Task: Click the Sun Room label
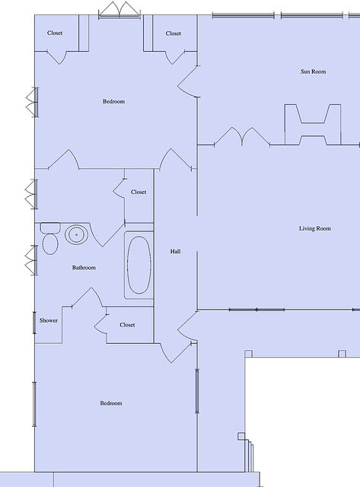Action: coord(313,72)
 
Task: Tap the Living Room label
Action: coord(314,228)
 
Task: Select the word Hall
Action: coord(175,251)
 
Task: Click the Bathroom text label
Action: coord(84,267)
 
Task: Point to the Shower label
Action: coord(49,320)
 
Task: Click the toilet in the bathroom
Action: coord(50,238)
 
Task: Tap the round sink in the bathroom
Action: coord(76,234)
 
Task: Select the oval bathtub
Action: coord(139,265)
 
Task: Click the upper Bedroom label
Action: coord(113,101)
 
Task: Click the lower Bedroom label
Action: coord(111,403)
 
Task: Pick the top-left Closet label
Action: coord(55,33)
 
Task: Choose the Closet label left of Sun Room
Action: coord(173,33)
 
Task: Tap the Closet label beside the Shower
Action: coord(127,325)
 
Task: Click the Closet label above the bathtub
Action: coord(139,192)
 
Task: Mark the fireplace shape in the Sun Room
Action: coord(313,124)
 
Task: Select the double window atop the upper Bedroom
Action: coord(119,10)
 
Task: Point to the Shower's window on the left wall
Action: coord(34,323)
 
